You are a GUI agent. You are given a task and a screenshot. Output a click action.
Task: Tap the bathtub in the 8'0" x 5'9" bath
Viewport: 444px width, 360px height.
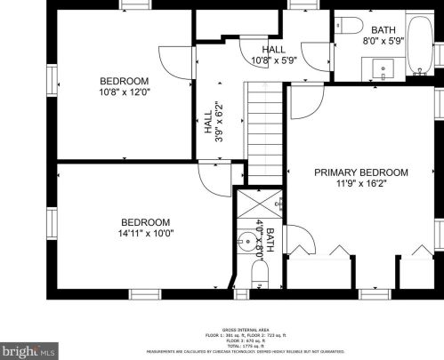pyautogui.click(x=418, y=44)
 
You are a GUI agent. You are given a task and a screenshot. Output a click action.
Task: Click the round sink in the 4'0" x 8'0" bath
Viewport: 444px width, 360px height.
pyautogui.click(x=246, y=238)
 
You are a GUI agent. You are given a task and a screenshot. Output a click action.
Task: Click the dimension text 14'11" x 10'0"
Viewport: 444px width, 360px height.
pyautogui.click(x=145, y=234)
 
